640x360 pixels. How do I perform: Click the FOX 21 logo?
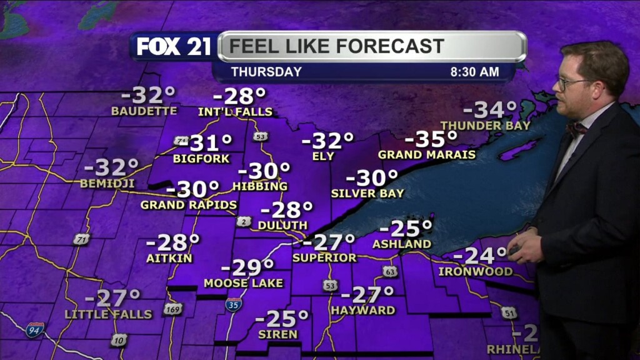pos(174,46)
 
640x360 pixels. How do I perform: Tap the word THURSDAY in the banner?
pos(266,72)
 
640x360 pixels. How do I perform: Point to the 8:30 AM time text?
pos(474,72)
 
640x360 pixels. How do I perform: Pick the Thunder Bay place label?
pos(486,126)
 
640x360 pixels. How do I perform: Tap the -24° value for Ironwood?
pos(480,256)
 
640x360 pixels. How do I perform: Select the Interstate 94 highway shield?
pos(34,330)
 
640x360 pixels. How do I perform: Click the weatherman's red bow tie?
pos(576,129)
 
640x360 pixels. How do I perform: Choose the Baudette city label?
pos(144,111)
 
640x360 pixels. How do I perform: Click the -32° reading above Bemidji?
pos(111,167)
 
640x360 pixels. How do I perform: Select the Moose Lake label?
pos(244,283)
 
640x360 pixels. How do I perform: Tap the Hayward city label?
pos(363,310)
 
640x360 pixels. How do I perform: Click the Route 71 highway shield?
pos(81,239)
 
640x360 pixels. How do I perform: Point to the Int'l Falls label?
pos(235,112)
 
